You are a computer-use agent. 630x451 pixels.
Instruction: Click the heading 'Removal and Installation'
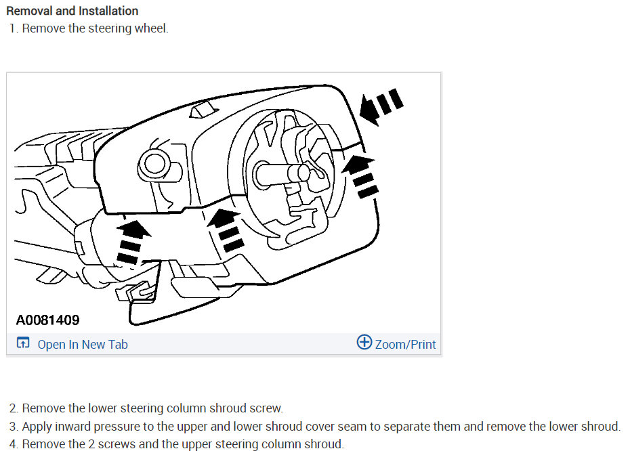72,11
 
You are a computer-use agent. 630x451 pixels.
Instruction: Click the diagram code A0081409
47,320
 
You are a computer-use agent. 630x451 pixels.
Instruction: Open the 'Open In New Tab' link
83,344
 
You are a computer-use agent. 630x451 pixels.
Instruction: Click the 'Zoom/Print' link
404,344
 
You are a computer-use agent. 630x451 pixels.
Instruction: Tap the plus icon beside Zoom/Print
364,343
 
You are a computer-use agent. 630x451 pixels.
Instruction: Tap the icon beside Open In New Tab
23,344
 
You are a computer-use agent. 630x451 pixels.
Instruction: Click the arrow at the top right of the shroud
381,106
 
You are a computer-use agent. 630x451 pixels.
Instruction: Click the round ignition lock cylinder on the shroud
152,163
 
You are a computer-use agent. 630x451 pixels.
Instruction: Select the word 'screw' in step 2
267,408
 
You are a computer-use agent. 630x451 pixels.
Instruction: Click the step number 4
14,444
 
